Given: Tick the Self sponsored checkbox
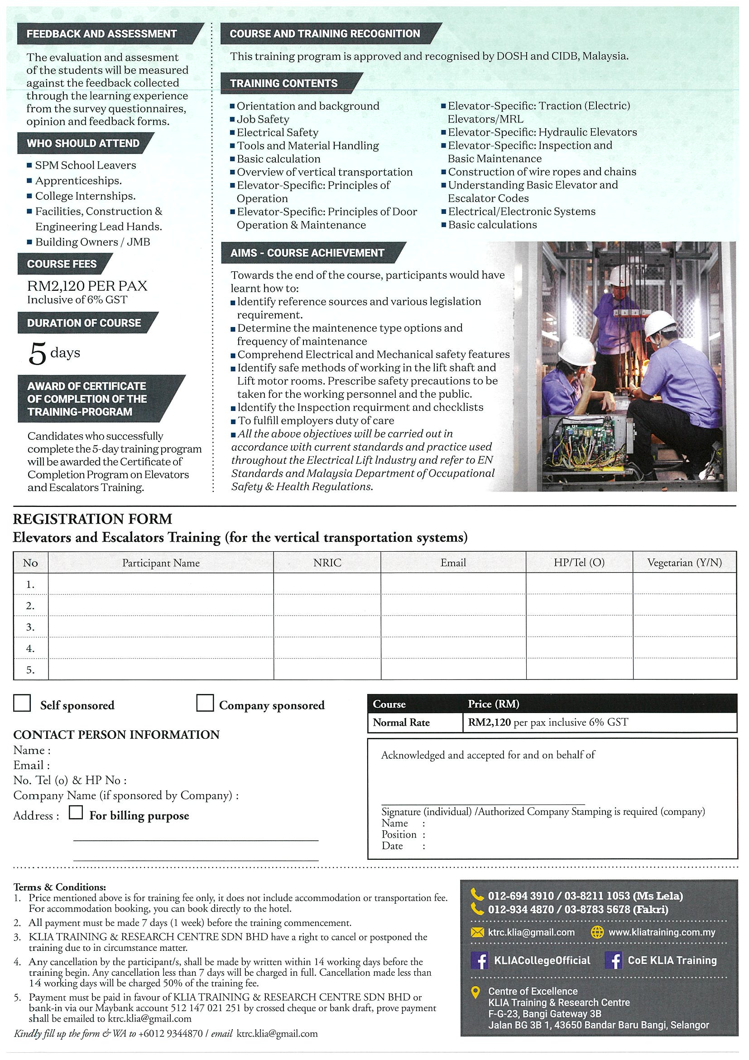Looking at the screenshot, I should pyautogui.click(x=22, y=703).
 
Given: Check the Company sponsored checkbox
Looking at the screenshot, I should pyautogui.click(x=204, y=703).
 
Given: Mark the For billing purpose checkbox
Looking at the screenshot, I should pyautogui.click(x=76, y=812).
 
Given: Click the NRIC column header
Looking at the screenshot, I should pyautogui.click(x=327, y=562).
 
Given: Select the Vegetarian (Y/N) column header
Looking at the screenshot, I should pyautogui.click(x=684, y=562).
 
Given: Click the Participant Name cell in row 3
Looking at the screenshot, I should pyautogui.click(x=161, y=626).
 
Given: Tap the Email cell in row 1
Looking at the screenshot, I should pyautogui.click(x=453, y=584).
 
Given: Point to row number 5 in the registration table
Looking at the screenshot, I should pyautogui.click(x=30, y=670).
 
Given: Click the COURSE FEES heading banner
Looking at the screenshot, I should pyautogui.click(x=62, y=264).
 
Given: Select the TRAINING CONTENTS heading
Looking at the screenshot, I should pyautogui.click(x=284, y=83).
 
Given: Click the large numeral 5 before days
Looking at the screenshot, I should pyautogui.click(x=38, y=355).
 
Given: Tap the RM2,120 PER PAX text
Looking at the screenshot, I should pyautogui.click(x=87, y=286).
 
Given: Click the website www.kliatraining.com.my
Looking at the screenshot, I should pyautogui.click(x=661, y=932).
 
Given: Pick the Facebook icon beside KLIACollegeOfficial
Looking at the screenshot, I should pyautogui.click(x=480, y=960).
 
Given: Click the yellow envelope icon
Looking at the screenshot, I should pyautogui.click(x=477, y=933).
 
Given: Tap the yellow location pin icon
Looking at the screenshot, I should pyautogui.click(x=475, y=992).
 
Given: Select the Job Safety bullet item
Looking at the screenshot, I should pyautogui.click(x=263, y=119).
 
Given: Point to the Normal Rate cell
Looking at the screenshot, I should pyautogui.click(x=401, y=723).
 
